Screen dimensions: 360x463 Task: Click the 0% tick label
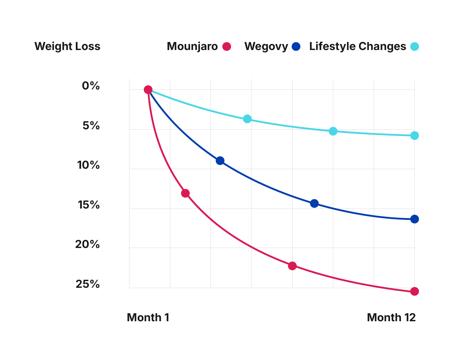[91, 86]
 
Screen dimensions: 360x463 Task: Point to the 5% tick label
[91, 126]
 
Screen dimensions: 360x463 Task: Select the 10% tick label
[89, 165]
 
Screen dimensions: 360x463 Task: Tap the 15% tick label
[89, 205]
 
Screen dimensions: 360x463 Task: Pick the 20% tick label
[87, 244]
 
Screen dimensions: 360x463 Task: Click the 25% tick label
[88, 284]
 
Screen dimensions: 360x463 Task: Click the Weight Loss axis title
[67, 46]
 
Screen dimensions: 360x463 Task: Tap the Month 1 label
[148, 318]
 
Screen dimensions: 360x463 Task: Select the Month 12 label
[391, 318]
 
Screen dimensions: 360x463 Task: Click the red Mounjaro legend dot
[227, 46]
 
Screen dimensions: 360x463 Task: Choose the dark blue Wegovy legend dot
[296, 46]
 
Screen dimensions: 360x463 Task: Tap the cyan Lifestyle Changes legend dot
[414, 46]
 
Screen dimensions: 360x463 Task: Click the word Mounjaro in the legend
[192, 46]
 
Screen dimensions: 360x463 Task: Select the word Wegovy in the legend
[266, 46]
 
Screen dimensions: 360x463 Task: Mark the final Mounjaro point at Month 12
[414, 291]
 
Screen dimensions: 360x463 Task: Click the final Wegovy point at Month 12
[414, 219]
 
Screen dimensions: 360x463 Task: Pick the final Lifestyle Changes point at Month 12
[414, 136]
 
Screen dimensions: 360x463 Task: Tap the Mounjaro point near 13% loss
[185, 193]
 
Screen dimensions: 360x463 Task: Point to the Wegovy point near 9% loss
[220, 161]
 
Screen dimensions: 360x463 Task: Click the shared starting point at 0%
[148, 90]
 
